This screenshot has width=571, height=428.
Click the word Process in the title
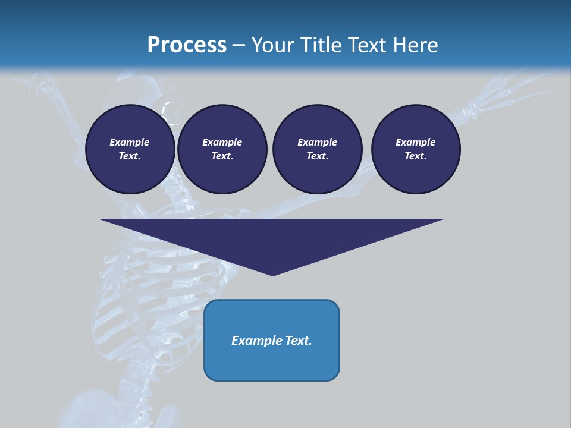coord(187,45)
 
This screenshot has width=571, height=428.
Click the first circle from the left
coord(130,149)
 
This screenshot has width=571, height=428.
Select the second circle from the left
coord(222,149)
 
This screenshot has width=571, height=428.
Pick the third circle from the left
coord(318,149)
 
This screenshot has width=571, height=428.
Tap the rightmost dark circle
coord(416,149)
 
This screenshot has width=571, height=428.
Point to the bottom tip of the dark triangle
coord(272,274)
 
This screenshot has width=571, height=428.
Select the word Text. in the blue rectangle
coord(299,341)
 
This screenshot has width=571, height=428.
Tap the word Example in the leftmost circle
coord(130,142)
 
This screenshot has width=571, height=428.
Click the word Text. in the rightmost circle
coord(415,156)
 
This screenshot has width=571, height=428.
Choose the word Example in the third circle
coord(317,142)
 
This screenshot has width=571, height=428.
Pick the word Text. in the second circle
coord(222,156)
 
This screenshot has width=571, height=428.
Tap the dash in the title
coord(239,46)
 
